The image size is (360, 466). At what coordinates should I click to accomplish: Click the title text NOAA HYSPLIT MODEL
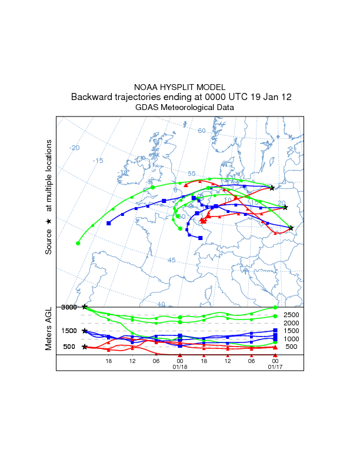point(179,87)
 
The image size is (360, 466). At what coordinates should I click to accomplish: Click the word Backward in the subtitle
point(91,97)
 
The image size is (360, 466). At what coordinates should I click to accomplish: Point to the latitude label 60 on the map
point(201,131)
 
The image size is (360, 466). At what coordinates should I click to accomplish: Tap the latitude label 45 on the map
point(172,260)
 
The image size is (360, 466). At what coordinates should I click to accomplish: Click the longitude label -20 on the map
point(74,148)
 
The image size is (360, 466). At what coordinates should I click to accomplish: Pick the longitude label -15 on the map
point(98,161)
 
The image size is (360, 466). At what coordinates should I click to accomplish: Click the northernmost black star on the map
point(272,188)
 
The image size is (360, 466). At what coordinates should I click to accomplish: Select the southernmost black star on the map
point(291,228)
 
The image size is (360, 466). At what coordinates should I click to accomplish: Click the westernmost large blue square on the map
point(109,223)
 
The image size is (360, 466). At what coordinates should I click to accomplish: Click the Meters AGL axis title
point(49,328)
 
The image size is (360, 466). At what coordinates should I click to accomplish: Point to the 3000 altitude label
point(69,307)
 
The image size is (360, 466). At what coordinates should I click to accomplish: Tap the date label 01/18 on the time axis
point(179,367)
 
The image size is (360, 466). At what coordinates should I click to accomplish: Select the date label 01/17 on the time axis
point(275,367)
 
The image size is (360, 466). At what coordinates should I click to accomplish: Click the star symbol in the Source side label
point(49,221)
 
